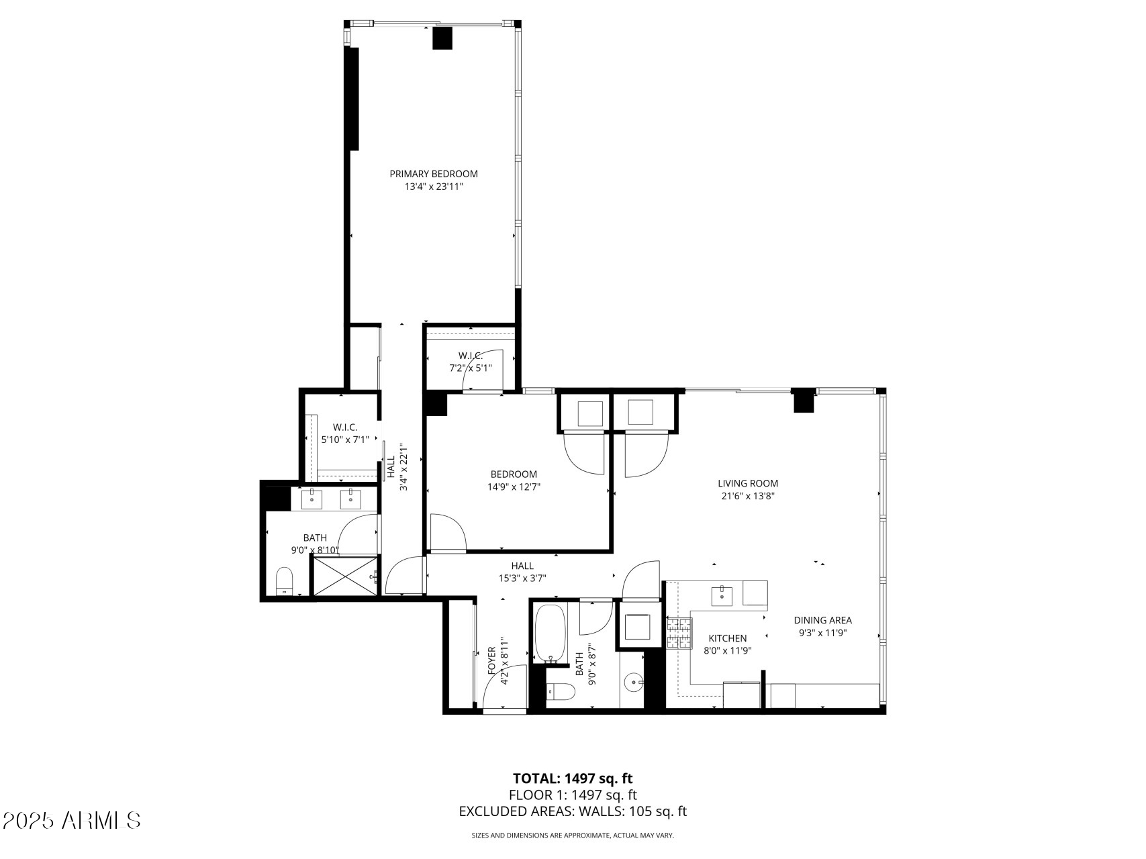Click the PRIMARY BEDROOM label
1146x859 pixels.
tap(434, 174)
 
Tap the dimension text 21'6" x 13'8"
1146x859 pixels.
tap(747, 497)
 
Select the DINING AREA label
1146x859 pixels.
tap(822, 620)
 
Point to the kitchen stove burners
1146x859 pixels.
tap(679, 633)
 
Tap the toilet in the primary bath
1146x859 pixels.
tap(285, 580)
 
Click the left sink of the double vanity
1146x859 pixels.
tap(312, 499)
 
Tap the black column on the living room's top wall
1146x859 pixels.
tap(803, 401)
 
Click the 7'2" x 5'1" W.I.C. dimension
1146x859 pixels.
tap(471, 368)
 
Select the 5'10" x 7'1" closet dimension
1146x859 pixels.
tap(345, 440)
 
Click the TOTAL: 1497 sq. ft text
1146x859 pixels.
tap(573, 778)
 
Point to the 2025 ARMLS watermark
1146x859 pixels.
tap(71, 820)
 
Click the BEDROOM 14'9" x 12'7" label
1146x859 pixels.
tap(514, 481)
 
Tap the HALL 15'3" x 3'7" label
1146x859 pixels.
tap(522, 572)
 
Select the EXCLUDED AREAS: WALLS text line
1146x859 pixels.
tap(573, 811)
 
